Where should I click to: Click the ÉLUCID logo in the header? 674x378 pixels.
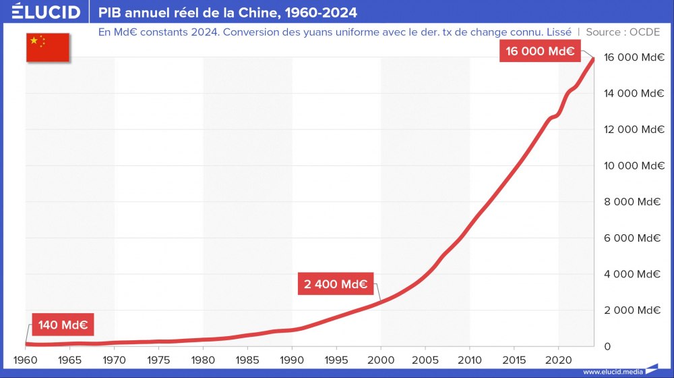[47, 12]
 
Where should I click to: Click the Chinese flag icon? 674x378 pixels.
[47, 47]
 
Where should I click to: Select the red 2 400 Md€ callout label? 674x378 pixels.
[335, 284]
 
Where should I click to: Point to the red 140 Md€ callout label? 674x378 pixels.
[63, 325]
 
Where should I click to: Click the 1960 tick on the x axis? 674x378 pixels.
[26, 359]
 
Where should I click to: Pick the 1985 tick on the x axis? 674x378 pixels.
[248, 359]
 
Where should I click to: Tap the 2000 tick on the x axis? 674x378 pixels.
[381, 359]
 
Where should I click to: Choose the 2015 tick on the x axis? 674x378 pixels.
[514, 359]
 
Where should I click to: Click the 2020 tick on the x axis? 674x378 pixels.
[559, 359]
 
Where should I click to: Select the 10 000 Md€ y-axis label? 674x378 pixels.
[634, 165]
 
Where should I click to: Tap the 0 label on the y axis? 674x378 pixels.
[607, 346]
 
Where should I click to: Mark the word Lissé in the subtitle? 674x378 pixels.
[555, 32]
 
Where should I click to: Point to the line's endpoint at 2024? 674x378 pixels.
[593, 59]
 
